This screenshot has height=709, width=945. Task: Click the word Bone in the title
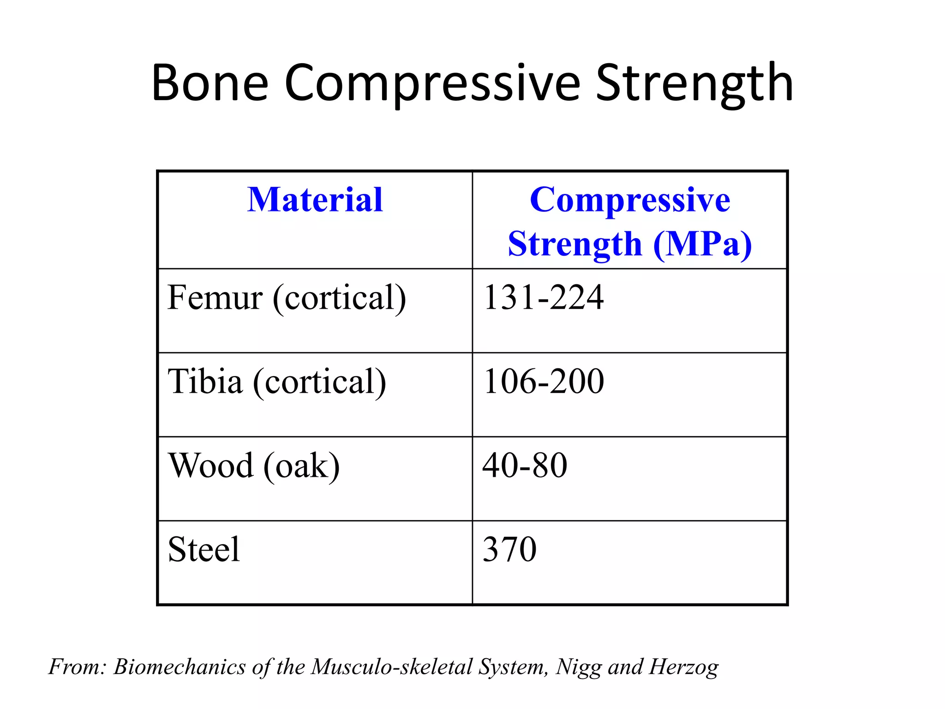(x=210, y=83)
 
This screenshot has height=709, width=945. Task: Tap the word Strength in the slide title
(x=694, y=83)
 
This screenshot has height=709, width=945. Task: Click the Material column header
(x=315, y=200)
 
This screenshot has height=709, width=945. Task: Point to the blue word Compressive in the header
(x=630, y=200)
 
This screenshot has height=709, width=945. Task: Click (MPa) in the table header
(x=702, y=244)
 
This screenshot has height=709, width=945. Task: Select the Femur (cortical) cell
(x=287, y=298)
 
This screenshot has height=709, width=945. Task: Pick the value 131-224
(x=543, y=298)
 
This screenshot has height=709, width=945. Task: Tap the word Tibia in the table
(x=205, y=382)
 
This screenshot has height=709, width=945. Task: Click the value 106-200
(x=543, y=382)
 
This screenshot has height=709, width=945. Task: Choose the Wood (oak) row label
(x=254, y=466)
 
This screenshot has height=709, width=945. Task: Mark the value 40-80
(x=525, y=466)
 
